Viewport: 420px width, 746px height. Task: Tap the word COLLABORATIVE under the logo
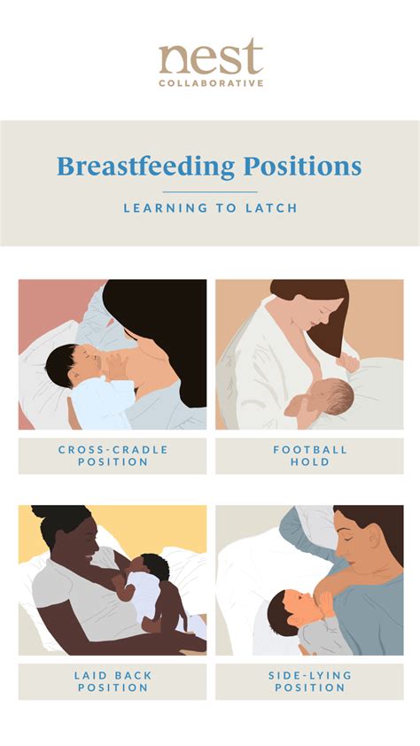click(x=211, y=83)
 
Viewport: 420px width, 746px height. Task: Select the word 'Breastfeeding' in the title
click(x=146, y=167)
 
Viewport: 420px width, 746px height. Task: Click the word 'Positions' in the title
click(x=302, y=166)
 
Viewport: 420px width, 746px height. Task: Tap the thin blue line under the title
click(x=210, y=192)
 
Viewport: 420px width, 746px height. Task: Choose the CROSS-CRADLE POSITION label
click(x=113, y=455)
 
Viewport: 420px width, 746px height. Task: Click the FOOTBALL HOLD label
click(x=309, y=455)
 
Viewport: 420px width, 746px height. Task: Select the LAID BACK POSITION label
click(x=113, y=681)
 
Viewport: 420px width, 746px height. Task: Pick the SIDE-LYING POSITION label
click(x=309, y=681)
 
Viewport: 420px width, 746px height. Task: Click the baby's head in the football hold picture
click(x=334, y=396)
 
